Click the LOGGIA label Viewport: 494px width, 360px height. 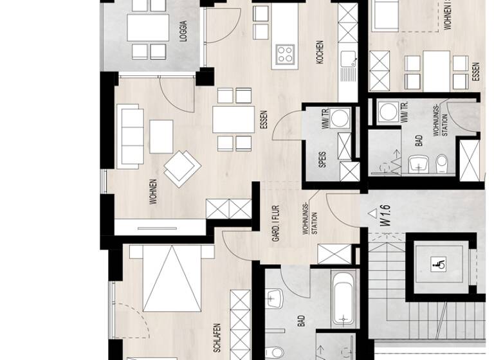185,32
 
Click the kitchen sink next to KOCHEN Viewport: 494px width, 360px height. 348,63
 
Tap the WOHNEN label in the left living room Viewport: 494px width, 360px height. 153,192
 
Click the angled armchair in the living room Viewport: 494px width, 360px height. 182,166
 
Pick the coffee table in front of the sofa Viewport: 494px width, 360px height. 161,136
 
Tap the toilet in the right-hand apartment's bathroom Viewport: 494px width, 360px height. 441,164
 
